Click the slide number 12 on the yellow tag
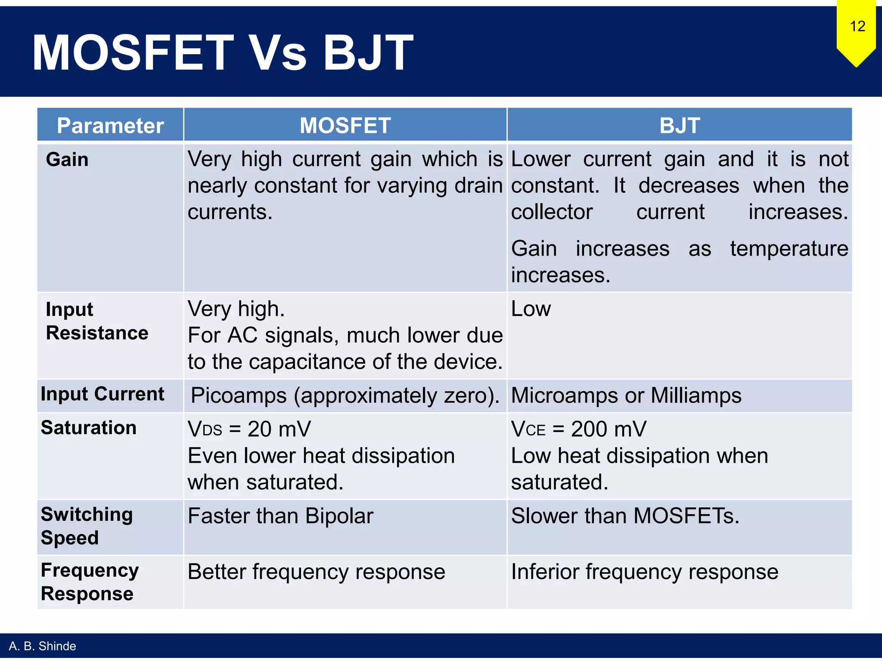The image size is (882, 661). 857,26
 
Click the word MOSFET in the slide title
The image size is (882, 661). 133,53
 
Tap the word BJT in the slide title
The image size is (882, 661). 368,53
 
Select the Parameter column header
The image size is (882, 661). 110,126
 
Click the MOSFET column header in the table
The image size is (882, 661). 345,126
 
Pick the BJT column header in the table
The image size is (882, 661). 679,126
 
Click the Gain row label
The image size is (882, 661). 67,160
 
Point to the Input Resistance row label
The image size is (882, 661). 97,321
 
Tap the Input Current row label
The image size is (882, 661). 102,394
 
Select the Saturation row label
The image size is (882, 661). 89,428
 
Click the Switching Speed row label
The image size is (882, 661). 87,526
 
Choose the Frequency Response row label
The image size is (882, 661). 90,582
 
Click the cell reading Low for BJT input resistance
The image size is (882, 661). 531,309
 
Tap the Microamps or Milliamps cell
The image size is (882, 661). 626,395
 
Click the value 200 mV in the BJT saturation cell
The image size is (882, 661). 608,429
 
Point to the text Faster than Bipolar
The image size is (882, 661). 280,516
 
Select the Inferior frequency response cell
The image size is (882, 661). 644,572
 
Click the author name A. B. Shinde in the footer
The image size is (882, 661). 42,646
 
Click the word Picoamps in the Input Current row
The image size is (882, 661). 238,395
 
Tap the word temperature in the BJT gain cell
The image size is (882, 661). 789,249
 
